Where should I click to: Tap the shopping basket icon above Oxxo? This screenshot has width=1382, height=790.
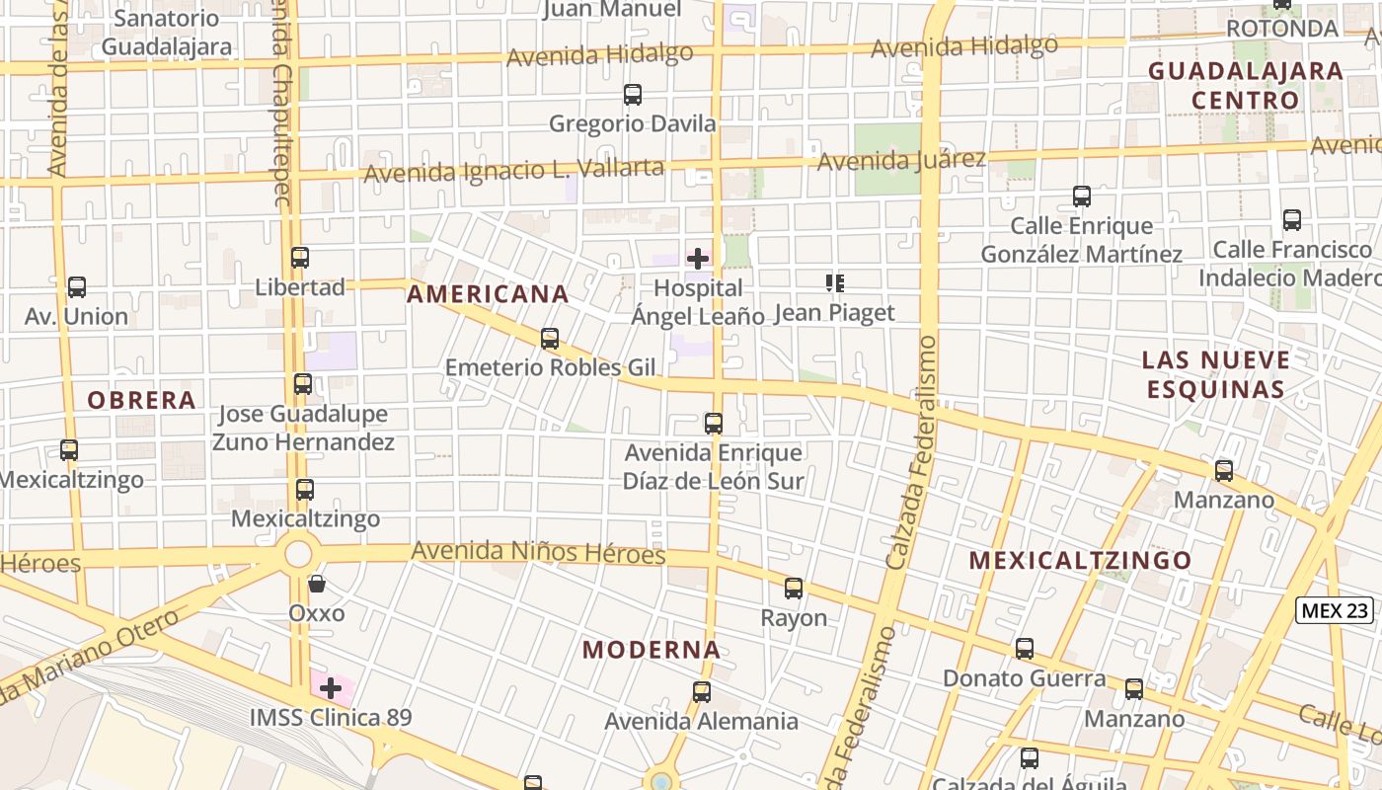click(317, 584)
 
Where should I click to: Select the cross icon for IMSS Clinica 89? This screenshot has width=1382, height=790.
click(331, 688)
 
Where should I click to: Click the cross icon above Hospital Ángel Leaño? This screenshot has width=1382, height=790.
click(698, 260)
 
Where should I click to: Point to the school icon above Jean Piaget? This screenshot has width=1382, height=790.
click(834, 284)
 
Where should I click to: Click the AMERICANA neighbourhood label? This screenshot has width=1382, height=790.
click(488, 294)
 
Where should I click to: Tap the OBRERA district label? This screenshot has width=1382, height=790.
click(141, 401)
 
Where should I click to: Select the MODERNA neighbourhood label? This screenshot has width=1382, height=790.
click(652, 650)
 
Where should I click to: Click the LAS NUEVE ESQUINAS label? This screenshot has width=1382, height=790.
click(1216, 374)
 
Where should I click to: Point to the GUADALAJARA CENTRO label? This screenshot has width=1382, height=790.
click(1245, 86)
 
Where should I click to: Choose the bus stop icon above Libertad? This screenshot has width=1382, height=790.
click(300, 258)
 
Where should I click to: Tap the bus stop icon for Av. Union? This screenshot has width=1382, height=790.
click(76, 287)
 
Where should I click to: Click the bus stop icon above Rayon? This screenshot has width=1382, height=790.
click(794, 589)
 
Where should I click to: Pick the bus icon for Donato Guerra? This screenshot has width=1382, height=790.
click(1025, 649)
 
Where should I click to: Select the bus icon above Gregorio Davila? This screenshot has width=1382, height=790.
click(633, 95)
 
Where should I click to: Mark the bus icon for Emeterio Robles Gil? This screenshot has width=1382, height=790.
click(550, 339)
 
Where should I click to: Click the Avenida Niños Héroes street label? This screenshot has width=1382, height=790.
click(538, 552)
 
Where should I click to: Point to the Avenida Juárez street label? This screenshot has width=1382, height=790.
click(901, 158)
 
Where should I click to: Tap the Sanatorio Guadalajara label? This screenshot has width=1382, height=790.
click(167, 32)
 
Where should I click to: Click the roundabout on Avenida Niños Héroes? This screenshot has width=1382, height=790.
click(298, 553)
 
